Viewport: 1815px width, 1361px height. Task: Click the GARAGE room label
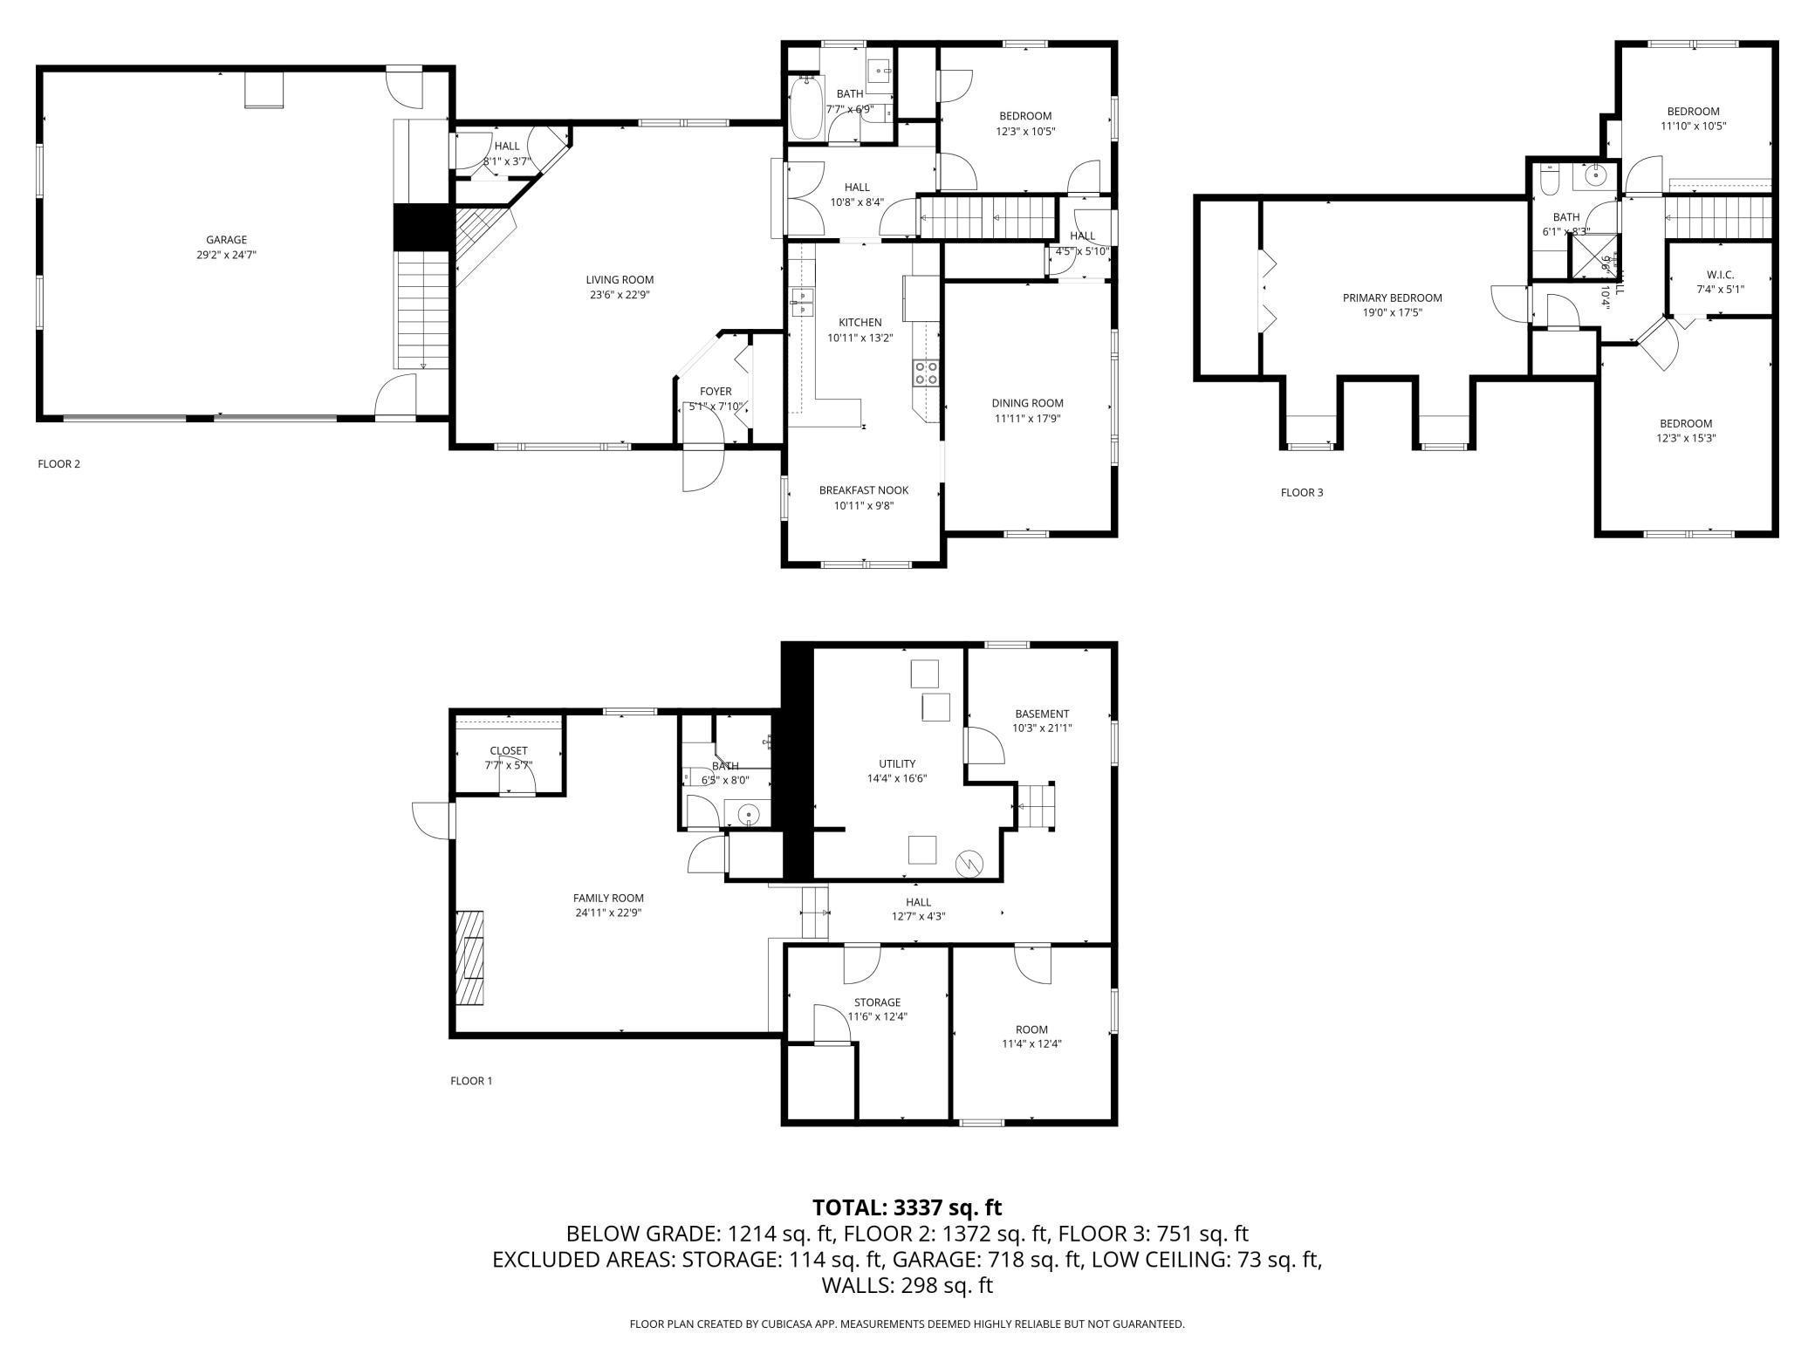tap(226, 240)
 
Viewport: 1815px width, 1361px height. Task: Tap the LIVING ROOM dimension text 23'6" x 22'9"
tap(620, 295)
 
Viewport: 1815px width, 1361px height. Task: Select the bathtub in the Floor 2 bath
tap(805, 107)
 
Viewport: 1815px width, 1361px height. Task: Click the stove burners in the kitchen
tap(926, 373)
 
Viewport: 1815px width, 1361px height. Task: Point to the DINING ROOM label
tap(1027, 403)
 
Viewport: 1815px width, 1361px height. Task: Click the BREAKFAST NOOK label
tap(863, 490)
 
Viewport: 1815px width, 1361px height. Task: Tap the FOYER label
tap(716, 392)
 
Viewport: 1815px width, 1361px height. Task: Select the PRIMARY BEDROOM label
tap(1392, 298)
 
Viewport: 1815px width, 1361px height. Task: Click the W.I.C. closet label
tap(1720, 275)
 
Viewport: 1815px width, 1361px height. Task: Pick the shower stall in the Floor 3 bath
tap(1591, 256)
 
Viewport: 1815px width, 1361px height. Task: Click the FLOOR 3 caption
tap(1301, 492)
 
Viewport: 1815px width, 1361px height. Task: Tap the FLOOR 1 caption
tap(471, 1081)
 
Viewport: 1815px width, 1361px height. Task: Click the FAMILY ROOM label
tap(608, 898)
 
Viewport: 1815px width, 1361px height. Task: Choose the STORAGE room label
tap(877, 1002)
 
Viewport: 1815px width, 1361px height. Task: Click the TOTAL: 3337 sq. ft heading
tap(907, 1207)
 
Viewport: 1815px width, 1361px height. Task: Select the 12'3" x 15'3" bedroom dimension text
tap(1685, 439)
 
